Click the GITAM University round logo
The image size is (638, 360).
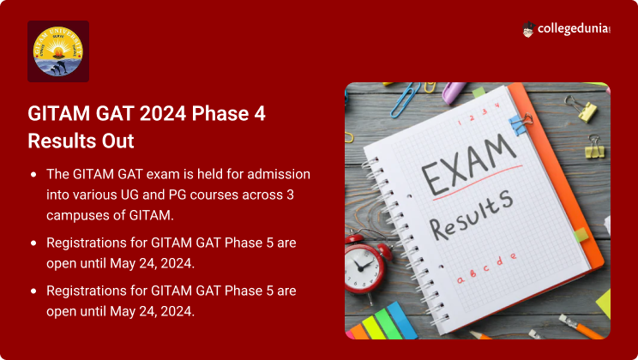point(58,51)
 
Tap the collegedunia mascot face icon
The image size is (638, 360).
point(528,29)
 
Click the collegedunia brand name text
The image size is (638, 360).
point(574,29)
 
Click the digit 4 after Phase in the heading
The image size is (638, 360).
point(260,113)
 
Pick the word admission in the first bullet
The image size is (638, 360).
point(279,174)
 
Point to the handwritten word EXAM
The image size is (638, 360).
point(469,165)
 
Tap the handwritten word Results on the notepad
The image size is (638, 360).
point(471,214)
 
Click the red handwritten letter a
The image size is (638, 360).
point(460,280)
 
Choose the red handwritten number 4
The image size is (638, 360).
point(497,105)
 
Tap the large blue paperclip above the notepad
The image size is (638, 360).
point(406,99)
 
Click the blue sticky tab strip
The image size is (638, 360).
point(401,321)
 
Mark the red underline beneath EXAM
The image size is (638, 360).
point(478,183)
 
